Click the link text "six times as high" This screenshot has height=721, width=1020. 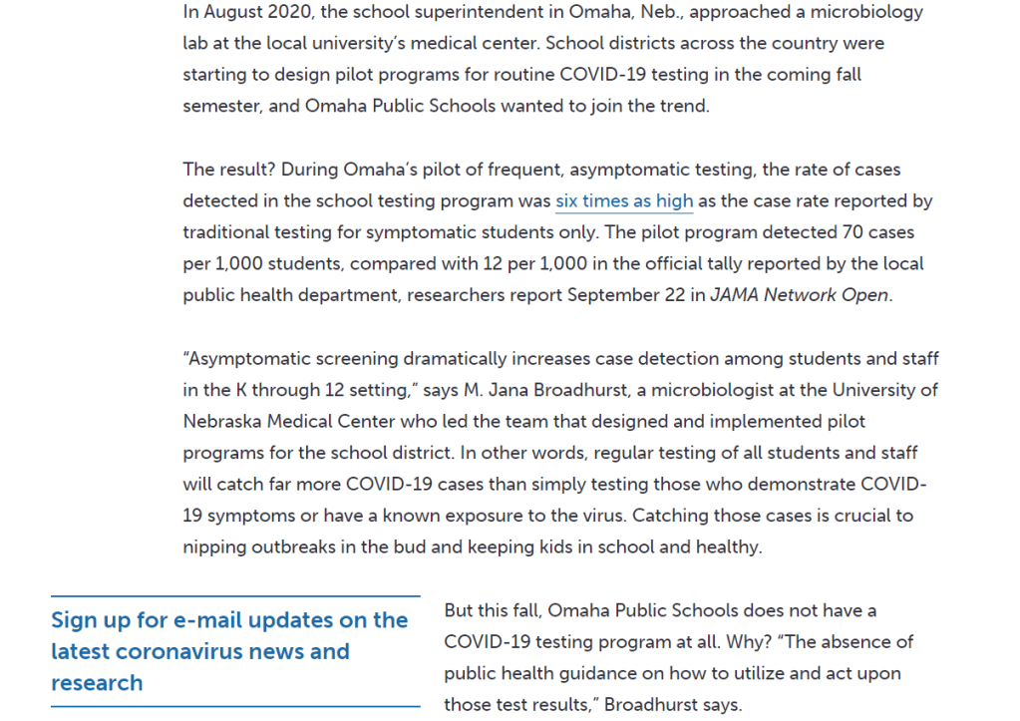pos(624,201)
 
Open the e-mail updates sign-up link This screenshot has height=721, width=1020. pos(229,651)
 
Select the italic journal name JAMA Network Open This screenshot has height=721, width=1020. pos(798,295)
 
